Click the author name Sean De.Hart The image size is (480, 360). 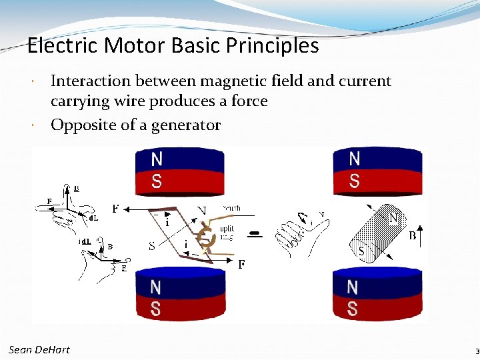pos(39,349)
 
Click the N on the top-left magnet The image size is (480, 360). pos(157,159)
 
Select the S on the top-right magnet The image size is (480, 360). pos(354,181)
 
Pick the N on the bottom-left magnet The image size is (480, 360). pos(155,287)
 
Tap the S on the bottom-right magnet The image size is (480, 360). pos(352,309)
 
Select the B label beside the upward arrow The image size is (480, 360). pos(411,235)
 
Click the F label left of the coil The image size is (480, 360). pos(115,209)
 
